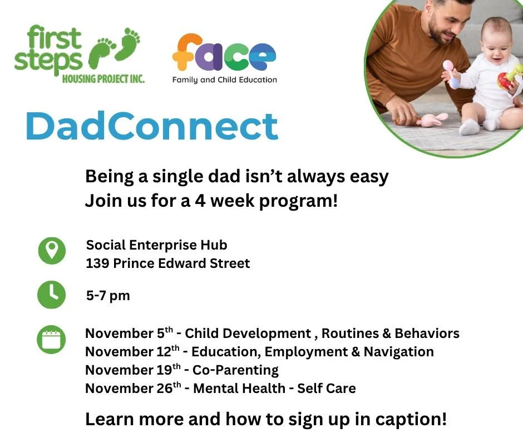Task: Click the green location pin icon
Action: [x=52, y=251]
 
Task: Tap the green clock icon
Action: [x=52, y=295]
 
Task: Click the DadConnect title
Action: [x=151, y=126]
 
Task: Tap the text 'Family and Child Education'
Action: [x=224, y=80]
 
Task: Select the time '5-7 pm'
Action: [x=108, y=296]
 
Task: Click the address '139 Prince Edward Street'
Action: [x=167, y=263]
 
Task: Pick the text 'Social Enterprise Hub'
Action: [x=156, y=245]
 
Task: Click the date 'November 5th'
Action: [x=129, y=334]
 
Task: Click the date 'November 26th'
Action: [x=132, y=389]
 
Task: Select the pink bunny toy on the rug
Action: [x=431, y=119]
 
